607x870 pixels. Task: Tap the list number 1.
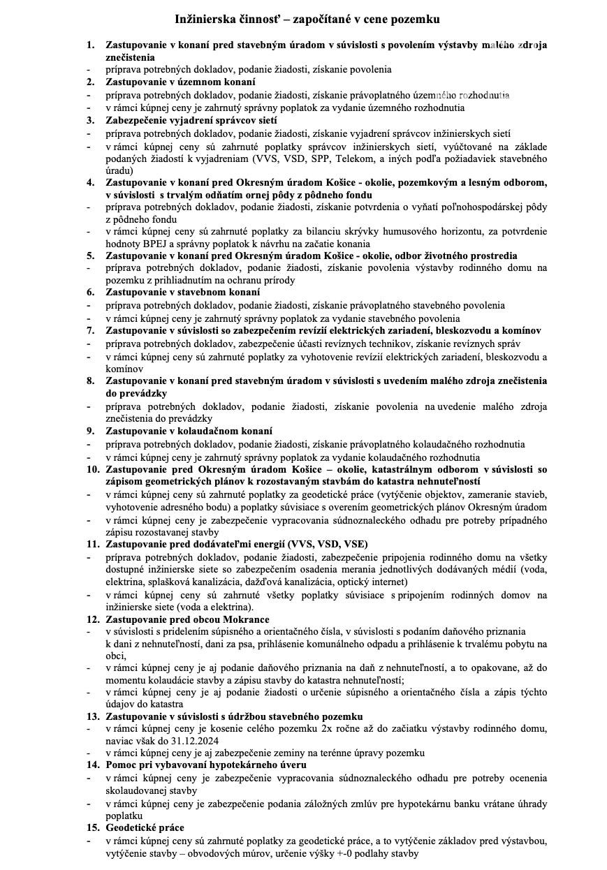click(x=90, y=45)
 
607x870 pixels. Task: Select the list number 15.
click(x=93, y=828)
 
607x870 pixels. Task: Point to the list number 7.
click(x=90, y=330)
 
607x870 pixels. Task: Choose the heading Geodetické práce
click(x=145, y=828)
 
